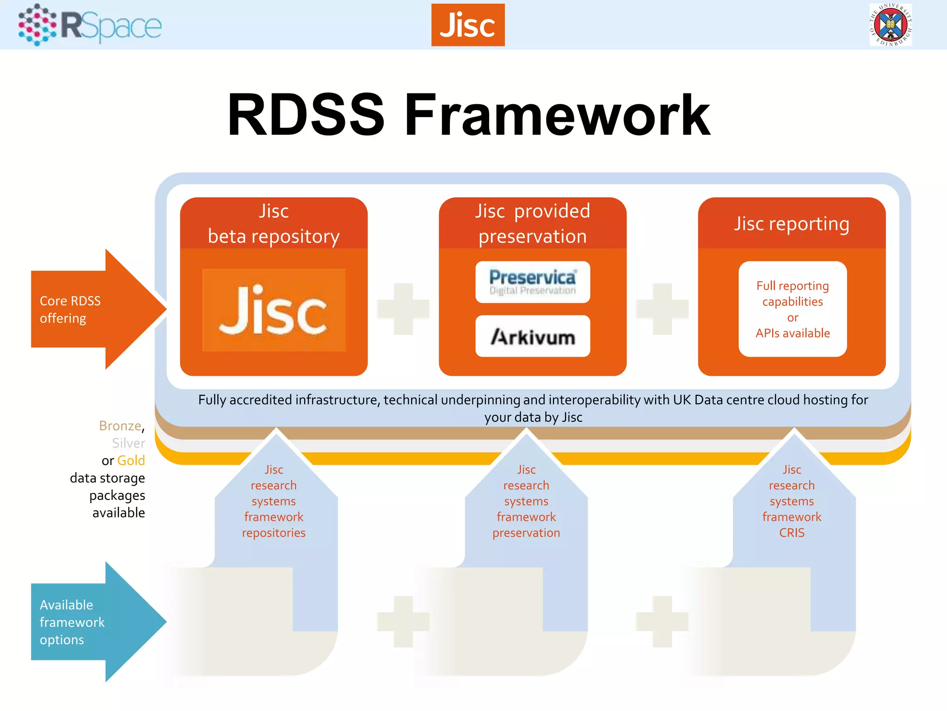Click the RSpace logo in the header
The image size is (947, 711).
tap(90, 25)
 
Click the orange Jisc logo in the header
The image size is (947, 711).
tap(467, 25)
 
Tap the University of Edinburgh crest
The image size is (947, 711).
tap(890, 25)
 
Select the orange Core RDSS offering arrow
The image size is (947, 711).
tap(92, 309)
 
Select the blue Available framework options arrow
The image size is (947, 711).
tap(92, 622)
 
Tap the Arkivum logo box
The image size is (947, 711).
tap(532, 337)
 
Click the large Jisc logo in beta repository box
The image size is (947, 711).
tap(273, 310)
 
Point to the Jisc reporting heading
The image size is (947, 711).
tap(791, 224)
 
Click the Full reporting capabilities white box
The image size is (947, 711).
tap(792, 309)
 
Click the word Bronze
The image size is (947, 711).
tap(120, 425)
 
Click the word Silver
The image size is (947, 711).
tap(128, 443)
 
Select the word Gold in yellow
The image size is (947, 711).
tap(131, 461)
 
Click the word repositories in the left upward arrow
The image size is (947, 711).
tap(273, 533)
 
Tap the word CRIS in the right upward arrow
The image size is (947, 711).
tap(792, 533)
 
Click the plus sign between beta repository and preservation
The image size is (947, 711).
tap(403, 309)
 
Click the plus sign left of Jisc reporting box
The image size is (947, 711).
tap(662, 309)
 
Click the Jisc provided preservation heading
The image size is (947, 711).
tap(532, 224)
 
